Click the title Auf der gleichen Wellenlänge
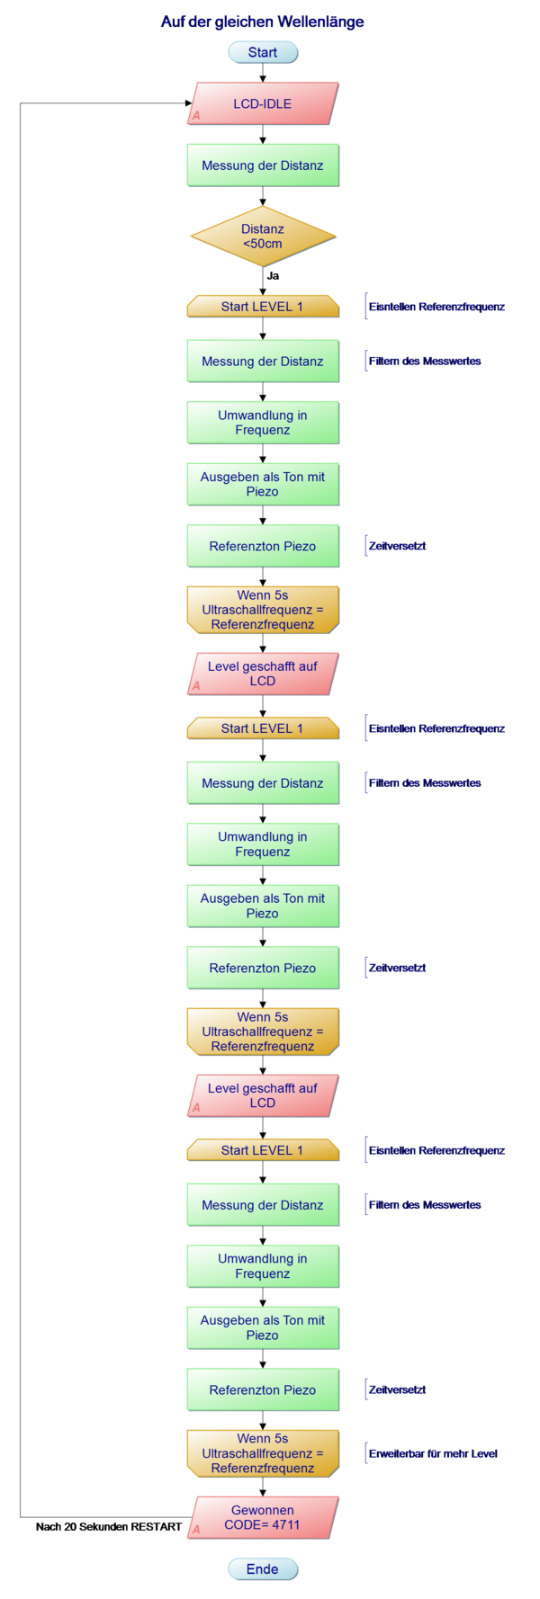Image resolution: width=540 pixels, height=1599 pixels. tap(262, 22)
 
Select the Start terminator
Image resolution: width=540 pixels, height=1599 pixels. tap(262, 52)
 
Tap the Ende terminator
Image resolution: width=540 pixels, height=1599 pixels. tap(262, 1568)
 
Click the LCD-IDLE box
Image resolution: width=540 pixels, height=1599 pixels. tap(262, 103)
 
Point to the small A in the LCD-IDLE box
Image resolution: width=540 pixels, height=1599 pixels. tap(196, 116)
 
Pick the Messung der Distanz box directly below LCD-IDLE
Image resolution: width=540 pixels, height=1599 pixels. tap(262, 165)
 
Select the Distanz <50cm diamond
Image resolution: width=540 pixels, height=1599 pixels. tap(262, 237)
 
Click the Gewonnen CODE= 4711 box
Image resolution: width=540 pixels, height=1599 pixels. tap(262, 1517)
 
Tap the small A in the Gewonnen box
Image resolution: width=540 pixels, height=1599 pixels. tap(196, 1529)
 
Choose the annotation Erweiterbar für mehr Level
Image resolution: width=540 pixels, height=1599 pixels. tap(432, 1453)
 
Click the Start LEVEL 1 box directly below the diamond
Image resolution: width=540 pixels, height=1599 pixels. tap(262, 307)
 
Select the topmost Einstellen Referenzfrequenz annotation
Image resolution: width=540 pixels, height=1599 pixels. tap(436, 307)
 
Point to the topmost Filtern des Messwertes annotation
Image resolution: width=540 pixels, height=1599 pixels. tap(424, 361)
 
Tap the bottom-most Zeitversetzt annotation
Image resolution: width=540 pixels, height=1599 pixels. tap(396, 1389)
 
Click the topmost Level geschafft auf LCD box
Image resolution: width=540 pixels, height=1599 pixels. tap(262, 674)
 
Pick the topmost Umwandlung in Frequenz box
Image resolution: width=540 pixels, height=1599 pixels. tap(262, 423)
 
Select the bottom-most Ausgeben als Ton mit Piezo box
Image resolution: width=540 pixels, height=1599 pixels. tap(262, 1327)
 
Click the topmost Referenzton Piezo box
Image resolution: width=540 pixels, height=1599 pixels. tap(262, 546)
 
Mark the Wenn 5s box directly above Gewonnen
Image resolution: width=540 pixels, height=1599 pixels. tap(262, 1453)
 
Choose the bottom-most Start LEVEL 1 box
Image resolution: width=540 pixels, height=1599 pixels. tap(262, 1150)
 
